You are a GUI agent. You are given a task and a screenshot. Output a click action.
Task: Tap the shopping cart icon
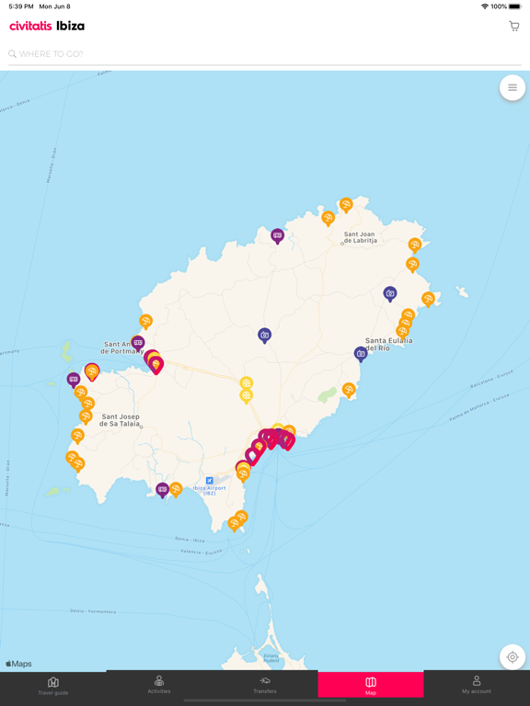click(x=513, y=26)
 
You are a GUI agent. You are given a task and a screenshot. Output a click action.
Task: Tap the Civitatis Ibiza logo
click(x=47, y=26)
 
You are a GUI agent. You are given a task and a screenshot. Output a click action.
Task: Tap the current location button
click(x=513, y=657)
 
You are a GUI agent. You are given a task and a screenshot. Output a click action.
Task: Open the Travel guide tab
click(x=53, y=685)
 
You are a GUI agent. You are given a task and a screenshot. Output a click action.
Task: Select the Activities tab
click(x=159, y=685)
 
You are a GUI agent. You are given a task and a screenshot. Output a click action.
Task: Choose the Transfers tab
click(x=265, y=685)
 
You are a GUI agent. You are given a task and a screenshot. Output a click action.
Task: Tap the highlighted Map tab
click(x=371, y=685)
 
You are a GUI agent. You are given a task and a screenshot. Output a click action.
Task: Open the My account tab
click(x=477, y=685)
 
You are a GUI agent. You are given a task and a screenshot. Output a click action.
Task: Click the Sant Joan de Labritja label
click(x=360, y=237)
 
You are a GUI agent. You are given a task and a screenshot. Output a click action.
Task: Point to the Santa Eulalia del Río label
click(x=388, y=344)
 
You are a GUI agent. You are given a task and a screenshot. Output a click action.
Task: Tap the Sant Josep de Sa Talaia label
click(x=121, y=420)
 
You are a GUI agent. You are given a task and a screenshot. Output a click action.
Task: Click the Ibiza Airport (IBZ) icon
click(x=210, y=481)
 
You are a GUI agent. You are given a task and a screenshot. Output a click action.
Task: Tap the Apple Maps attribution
click(x=19, y=664)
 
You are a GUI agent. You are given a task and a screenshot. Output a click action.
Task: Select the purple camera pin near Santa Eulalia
click(x=361, y=354)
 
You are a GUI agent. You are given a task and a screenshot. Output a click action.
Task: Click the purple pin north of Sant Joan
click(x=277, y=236)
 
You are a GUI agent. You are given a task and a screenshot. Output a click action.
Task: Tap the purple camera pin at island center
click(x=264, y=336)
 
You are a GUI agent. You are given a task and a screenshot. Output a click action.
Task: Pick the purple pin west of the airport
click(x=162, y=490)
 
